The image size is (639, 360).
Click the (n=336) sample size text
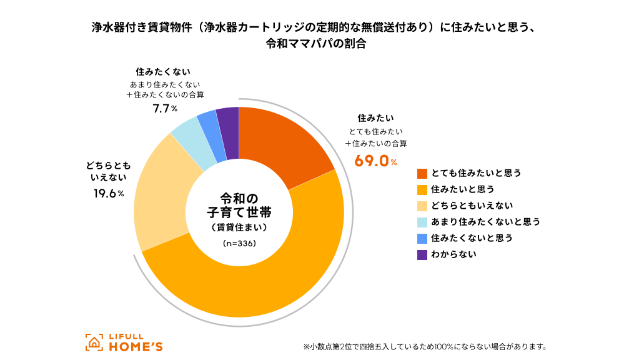[239, 244]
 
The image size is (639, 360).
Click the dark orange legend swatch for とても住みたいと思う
[422, 173]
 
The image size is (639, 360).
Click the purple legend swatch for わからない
[422, 254]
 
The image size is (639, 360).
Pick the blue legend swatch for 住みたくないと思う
[422, 238]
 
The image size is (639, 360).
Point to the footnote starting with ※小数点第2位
[425, 346]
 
